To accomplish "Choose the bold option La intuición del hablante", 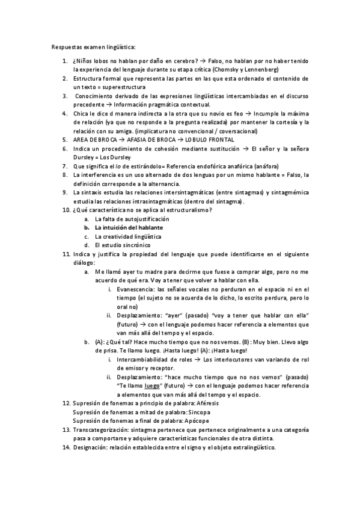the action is [127, 227].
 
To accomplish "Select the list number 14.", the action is [66, 447].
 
